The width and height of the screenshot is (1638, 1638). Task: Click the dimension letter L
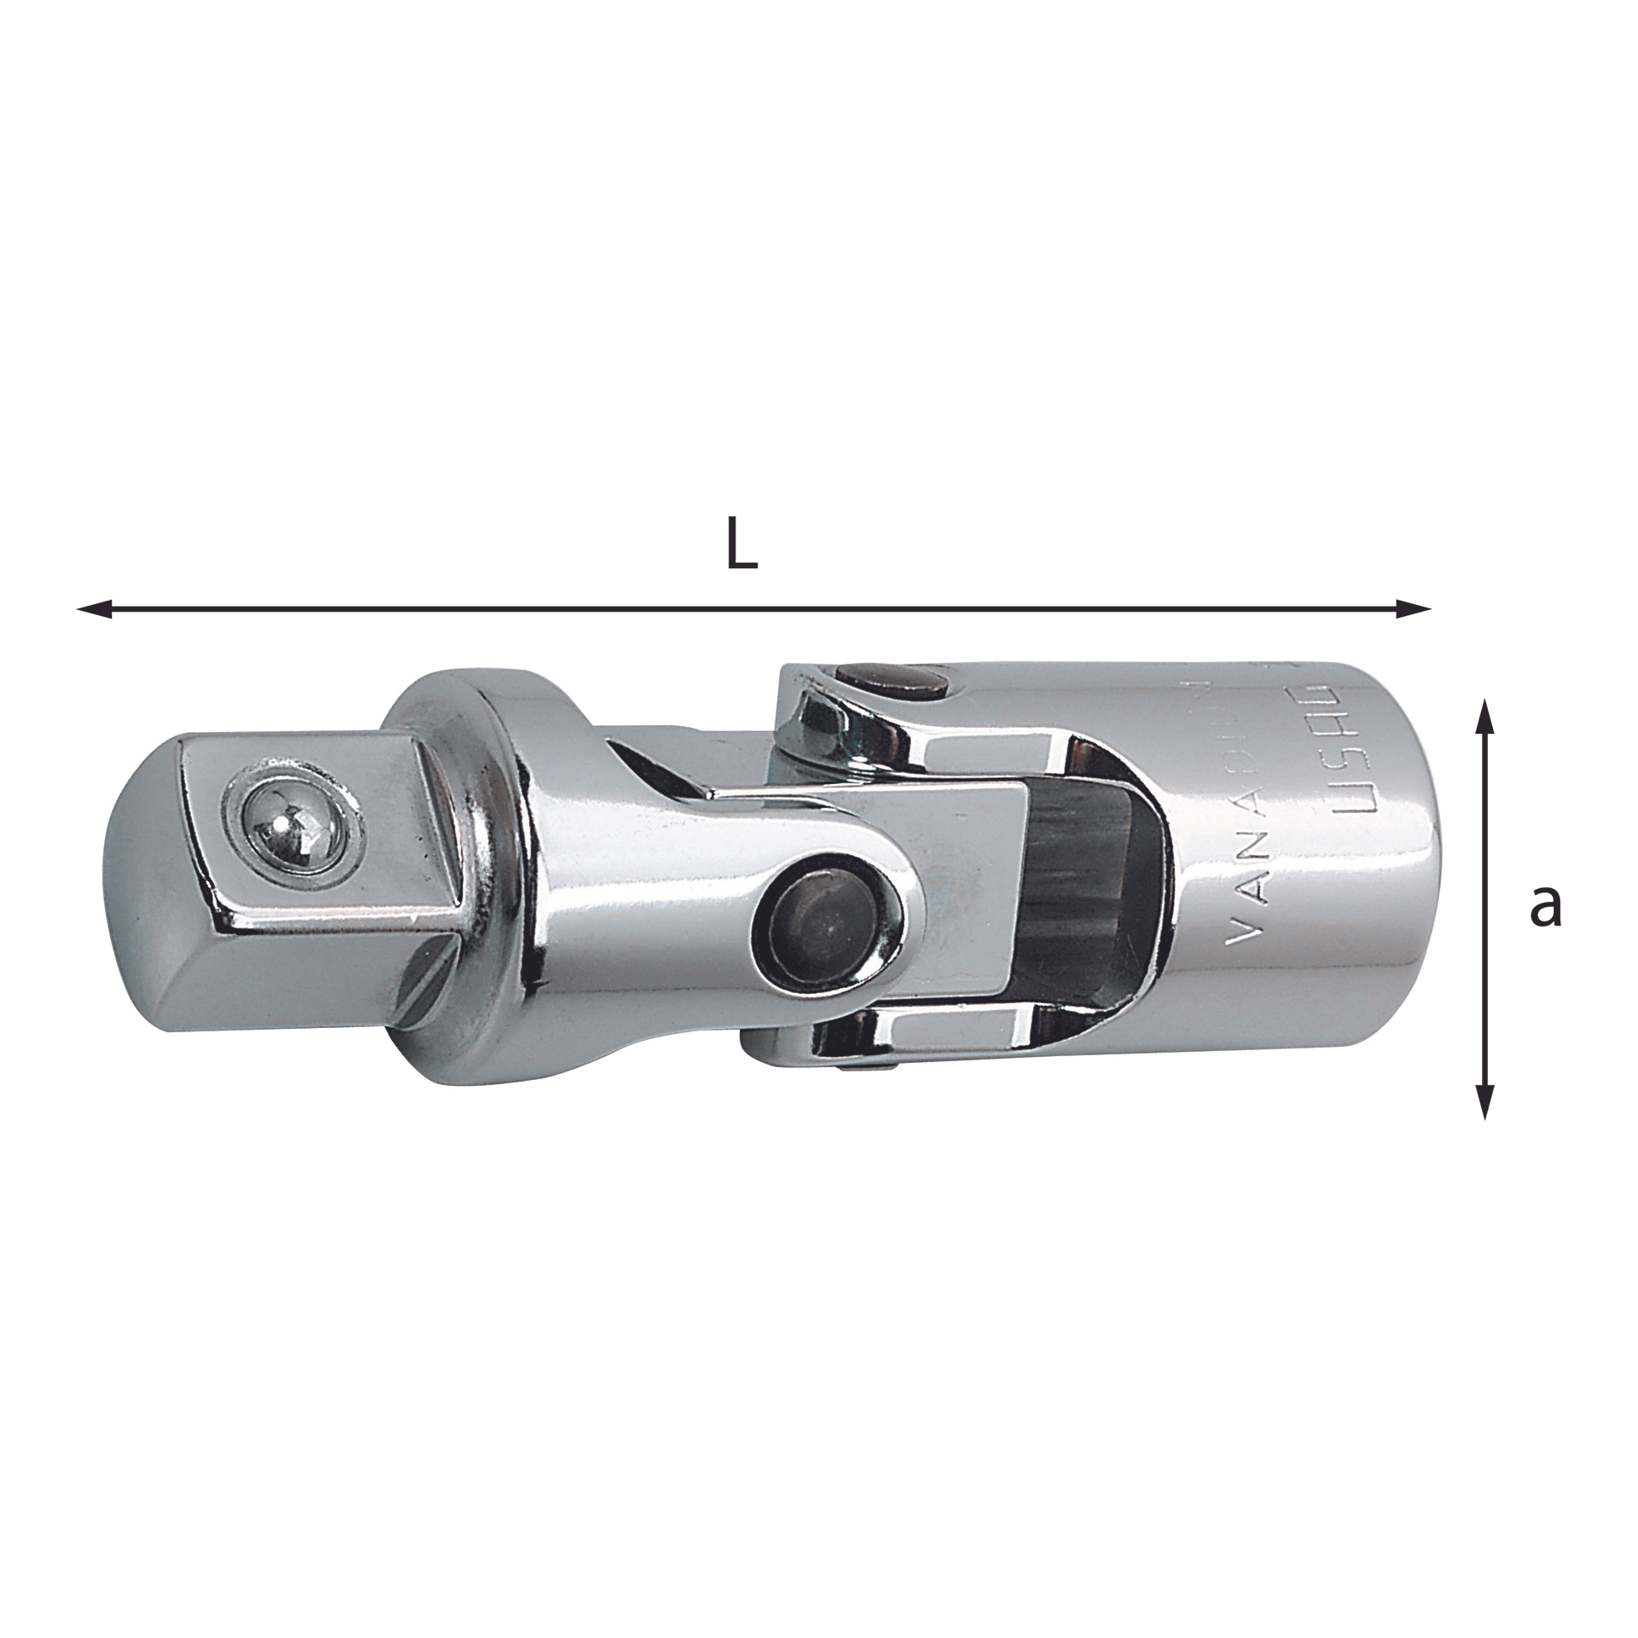point(741,544)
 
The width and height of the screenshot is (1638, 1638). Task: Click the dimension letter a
point(1545,906)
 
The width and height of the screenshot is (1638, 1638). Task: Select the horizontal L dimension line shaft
point(751,608)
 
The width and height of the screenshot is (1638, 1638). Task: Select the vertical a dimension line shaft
point(1485,913)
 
